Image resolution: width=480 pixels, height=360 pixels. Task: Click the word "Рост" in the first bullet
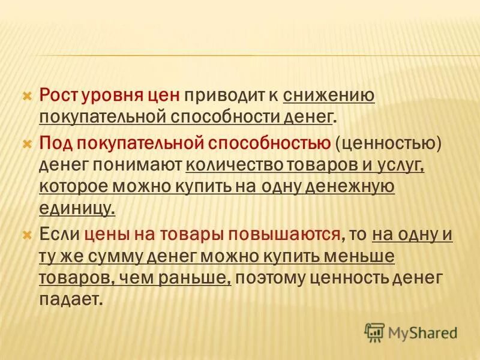pos(58,94)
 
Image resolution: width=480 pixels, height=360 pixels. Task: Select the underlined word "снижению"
pos(329,95)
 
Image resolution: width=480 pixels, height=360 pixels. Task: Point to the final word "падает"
pos(68,299)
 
